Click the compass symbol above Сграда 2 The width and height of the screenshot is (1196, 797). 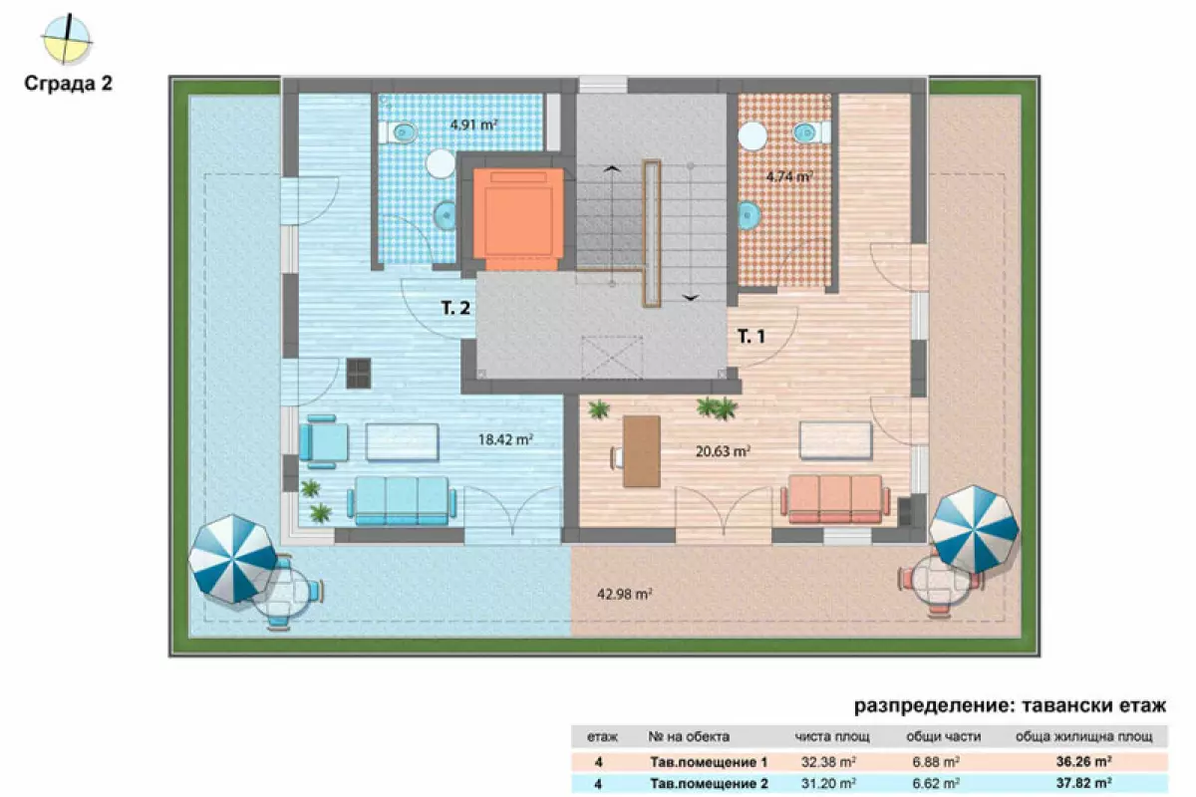tap(67, 40)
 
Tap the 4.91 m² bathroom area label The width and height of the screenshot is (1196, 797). tap(474, 125)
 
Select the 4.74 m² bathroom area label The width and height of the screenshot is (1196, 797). tap(789, 175)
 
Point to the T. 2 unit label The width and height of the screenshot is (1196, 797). tap(455, 308)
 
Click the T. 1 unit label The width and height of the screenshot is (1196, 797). tap(751, 336)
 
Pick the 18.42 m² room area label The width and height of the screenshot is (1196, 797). tap(505, 439)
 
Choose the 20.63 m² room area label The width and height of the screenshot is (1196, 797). tap(723, 451)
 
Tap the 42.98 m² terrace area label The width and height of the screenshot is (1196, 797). tap(625, 594)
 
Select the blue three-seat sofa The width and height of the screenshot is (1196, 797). tap(402, 500)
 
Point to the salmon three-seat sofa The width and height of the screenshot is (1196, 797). tap(835, 498)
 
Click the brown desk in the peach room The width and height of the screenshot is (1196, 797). tap(641, 451)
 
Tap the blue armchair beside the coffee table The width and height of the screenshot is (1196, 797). tap(323, 441)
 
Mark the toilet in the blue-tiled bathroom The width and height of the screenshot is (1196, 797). tap(399, 132)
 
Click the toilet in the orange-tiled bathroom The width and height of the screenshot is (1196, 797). tap(811, 132)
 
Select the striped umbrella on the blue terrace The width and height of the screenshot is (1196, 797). tap(232, 558)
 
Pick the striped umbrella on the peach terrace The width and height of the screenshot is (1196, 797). tap(974, 529)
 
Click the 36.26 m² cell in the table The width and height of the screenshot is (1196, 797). tap(1084, 761)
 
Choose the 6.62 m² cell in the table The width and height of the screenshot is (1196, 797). tap(936, 783)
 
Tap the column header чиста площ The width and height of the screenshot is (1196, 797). tap(832, 736)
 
